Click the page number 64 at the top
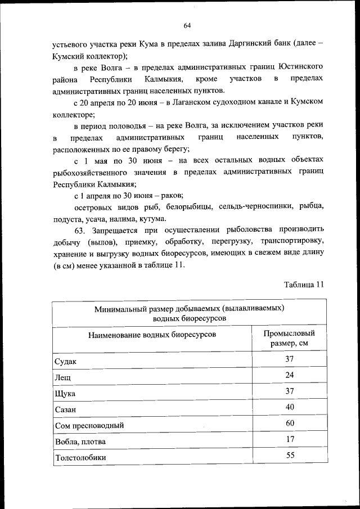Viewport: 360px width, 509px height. point(187,25)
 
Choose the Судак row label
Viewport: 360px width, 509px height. point(65,361)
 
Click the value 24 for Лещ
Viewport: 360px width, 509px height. point(289,375)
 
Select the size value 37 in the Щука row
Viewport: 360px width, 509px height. point(289,391)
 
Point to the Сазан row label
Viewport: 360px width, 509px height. point(65,409)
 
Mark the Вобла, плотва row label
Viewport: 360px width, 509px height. point(79,442)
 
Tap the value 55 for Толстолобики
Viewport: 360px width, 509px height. point(289,456)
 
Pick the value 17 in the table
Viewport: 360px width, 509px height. point(289,439)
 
